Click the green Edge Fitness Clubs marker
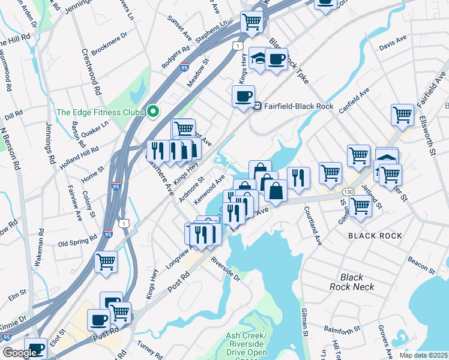point(153,112)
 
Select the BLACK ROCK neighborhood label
point(375,236)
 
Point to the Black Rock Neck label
point(352,282)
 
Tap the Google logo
point(20,353)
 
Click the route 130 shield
point(348,190)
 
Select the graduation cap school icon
point(258,59)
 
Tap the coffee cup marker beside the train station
point(244,96)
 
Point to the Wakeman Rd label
point(40,247)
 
